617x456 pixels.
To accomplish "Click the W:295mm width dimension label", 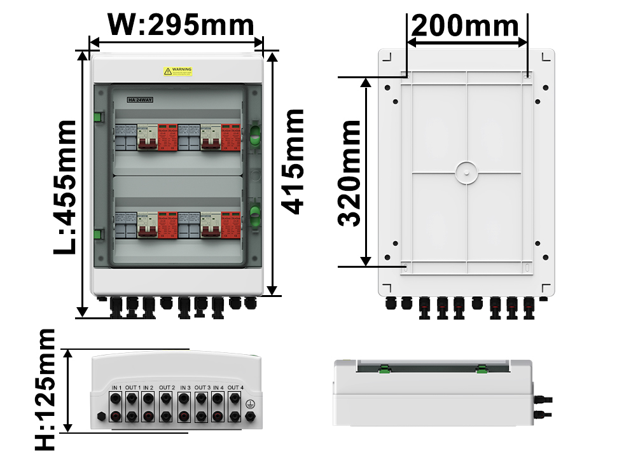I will click(x=181, y=25).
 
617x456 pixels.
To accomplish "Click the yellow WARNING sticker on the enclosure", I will click(x=177, y=72).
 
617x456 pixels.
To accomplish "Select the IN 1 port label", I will click(x=116, y=388).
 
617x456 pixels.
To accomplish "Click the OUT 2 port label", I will click(x=167, y=388).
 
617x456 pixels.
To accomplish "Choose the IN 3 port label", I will click(x=185, y=388).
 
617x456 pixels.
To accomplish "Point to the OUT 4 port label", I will click(x=235, y=388).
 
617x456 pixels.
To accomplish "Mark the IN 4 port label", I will click(x=218, y=388).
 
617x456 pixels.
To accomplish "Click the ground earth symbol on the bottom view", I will click(x=250, y=403).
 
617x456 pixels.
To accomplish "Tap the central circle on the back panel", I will click(x=466, y=172).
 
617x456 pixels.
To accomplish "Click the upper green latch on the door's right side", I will click(x=254, y=135).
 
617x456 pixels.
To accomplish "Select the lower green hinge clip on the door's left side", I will click(x=98, y=234).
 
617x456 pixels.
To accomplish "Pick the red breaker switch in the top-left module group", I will click(x=148, y=137).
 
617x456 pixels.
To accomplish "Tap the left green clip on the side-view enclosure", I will click(x=385, y=368).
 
